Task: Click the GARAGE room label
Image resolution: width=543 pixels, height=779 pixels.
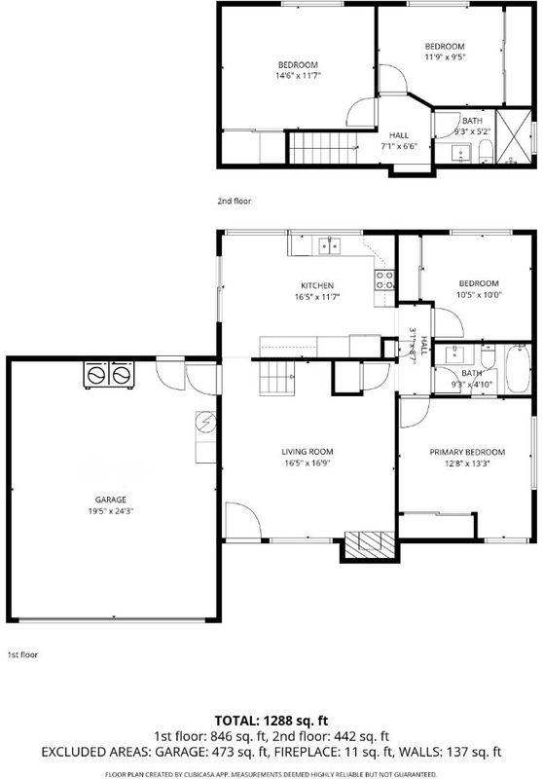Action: coord(111,500)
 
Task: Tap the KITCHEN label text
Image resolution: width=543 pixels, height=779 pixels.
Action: coord(317,285)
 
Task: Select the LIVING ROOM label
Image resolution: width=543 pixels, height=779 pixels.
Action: coord(308,452)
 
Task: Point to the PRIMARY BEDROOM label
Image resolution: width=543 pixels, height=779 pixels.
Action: coord(467,452)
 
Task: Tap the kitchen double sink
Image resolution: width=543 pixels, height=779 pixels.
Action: coord(330,246)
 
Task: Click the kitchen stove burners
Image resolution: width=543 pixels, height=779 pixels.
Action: coord(384,279)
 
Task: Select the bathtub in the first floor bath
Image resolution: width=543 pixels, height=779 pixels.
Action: coord(518,369)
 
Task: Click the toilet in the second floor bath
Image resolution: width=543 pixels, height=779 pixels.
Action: coord(486,151)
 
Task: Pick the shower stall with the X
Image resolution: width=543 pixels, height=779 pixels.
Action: coord(514,136)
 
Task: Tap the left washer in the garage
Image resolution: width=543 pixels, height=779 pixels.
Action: coord(96,375)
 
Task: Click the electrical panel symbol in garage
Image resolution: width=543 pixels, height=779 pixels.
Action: coord(205,423)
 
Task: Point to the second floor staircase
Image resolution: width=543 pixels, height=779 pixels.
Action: coord(323,148)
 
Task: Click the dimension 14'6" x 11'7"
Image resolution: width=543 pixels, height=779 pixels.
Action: coord(299,76)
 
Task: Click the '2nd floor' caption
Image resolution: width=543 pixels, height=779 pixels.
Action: coord(235,202)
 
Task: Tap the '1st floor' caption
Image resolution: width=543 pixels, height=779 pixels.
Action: coord(22,654)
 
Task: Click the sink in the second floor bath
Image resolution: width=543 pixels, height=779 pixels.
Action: coord(461,153)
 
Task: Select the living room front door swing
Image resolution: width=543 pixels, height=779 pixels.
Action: coord(242,520)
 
